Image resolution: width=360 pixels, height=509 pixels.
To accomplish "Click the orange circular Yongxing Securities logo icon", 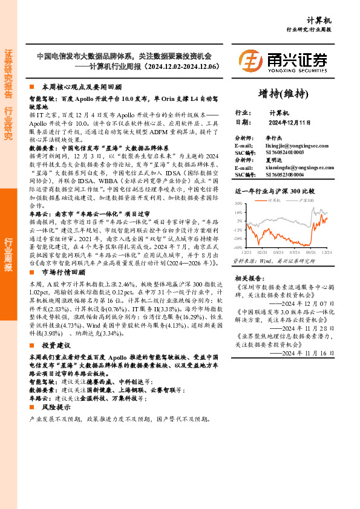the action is pyautogui.click(x=250, y=60).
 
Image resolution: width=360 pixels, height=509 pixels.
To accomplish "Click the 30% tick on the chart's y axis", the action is pyautogui.click(x=238, y=204).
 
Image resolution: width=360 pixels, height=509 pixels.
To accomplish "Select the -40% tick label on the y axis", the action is pyautogui.click(x=238, y=247).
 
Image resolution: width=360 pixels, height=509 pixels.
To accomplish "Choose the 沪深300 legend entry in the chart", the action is pyautogui.click(x=306, y=199).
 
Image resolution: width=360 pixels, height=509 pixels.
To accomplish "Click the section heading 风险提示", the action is pyautogui.click(x=57, y=408).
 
